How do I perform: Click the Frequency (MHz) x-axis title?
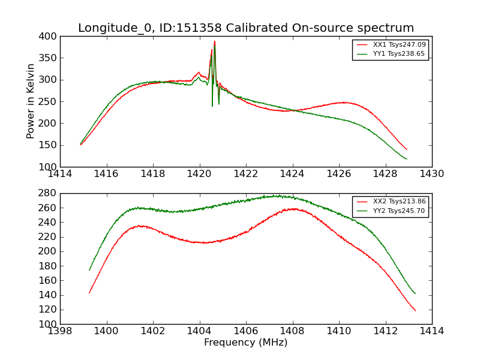pyautogui.click(x=245, y=343)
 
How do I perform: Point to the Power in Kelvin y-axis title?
pyautogui.click(x=31, y=101)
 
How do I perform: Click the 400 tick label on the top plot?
pyautogui.click(x=49, y=37)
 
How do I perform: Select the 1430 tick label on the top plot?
pyautogui.click(x=431, y=174)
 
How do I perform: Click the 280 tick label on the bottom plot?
pyautogui.click(x=49, y=193)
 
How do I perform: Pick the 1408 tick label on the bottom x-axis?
pyautogui.click(x=292, y=331)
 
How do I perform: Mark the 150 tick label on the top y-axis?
pyautogui.click(x=49, y=145)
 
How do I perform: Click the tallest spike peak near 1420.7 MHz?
pyautogui.click(x=214, y=41)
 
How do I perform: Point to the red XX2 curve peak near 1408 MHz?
pyautogui.click(x=292, y=209)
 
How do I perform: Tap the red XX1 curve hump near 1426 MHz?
pyautogui.click(x=344, y=103)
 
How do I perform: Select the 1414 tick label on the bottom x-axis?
pyautogui.click(x=431, y=331)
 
